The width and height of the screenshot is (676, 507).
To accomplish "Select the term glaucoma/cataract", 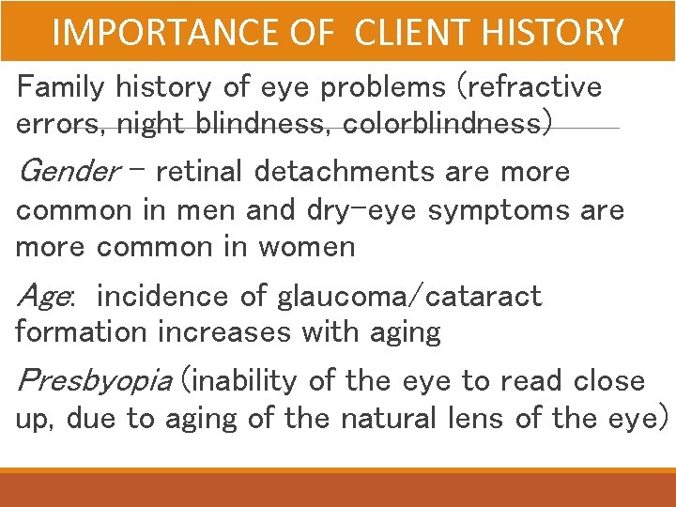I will [409, 297].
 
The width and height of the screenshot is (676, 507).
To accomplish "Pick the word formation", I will [81, 332].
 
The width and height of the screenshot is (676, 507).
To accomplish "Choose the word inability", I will [245, 381].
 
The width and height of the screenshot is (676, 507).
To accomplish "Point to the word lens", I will [475, 418].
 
